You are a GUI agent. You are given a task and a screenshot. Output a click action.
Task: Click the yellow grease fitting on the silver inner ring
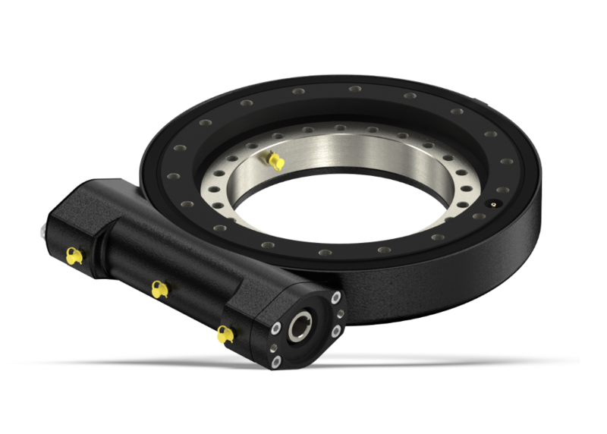pos(274,160)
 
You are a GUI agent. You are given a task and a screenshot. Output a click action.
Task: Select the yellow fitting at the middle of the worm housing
pos(158,289)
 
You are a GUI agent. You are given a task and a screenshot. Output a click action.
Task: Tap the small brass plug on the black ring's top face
pos(493,205)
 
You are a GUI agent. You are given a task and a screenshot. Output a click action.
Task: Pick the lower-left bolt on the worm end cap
pos(275,361)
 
